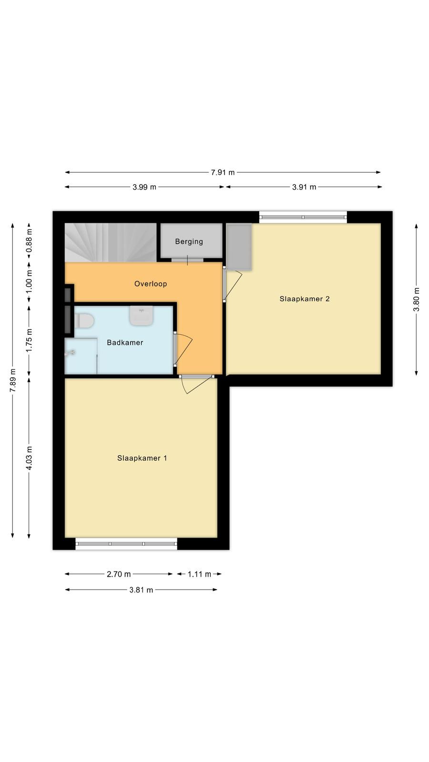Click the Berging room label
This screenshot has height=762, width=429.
click(189, 241)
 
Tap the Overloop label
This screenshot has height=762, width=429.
click(151, 284)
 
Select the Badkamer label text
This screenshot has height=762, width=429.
click(125, 342)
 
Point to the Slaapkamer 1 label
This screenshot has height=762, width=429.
click(142, 458)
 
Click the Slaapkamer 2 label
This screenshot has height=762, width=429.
click(305, 299)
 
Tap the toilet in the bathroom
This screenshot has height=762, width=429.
click(84, 321)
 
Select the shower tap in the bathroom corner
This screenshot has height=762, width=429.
click(70, 353)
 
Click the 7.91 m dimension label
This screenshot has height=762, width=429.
click(223, 172)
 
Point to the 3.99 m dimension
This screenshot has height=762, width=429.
click(144, 187)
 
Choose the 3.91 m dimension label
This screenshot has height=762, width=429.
click(304, 187)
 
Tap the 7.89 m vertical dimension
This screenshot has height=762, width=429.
click(12, 381)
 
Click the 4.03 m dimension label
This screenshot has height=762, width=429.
click(29, 458)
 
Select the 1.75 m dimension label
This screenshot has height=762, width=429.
click(29, 341)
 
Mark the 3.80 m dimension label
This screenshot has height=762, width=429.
click(416, 300)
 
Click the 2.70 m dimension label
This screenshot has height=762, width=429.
click(119, 574)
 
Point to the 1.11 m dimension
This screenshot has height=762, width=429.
click(199, 574)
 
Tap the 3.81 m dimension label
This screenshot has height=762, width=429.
click(141, 590)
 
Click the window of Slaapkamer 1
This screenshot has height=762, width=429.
click(126, 543)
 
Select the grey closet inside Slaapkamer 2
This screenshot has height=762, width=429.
click(239, 247)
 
